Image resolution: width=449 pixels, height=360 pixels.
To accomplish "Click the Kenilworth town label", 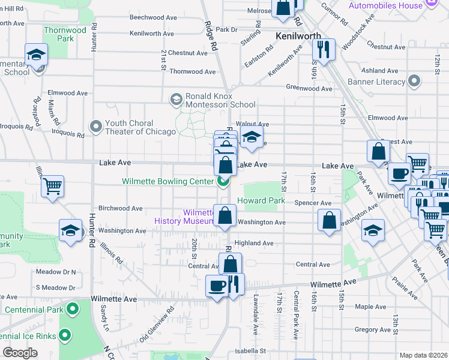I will [298, 36].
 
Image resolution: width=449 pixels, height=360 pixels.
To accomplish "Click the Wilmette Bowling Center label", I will [167, 181].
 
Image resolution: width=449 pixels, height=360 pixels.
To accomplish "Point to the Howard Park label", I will [261, 200].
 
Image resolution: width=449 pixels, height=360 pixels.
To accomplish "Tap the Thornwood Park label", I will [65, 34].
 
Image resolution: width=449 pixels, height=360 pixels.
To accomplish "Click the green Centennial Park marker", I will [73, 310].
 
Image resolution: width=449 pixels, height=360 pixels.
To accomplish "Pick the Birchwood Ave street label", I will [120, 209].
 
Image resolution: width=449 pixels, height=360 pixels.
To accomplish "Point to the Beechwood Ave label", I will [153, 18].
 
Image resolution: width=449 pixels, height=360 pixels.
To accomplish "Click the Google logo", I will [20, 353].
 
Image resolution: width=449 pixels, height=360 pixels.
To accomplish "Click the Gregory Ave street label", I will [373, 329].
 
